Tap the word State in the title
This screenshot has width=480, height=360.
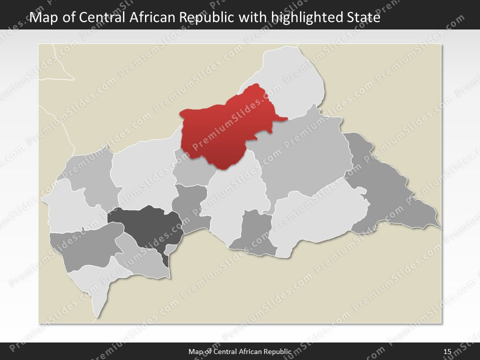pyautogui.click(x=363, y=18)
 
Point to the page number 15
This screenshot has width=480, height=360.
pyautogui.click(x=447, y=352)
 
